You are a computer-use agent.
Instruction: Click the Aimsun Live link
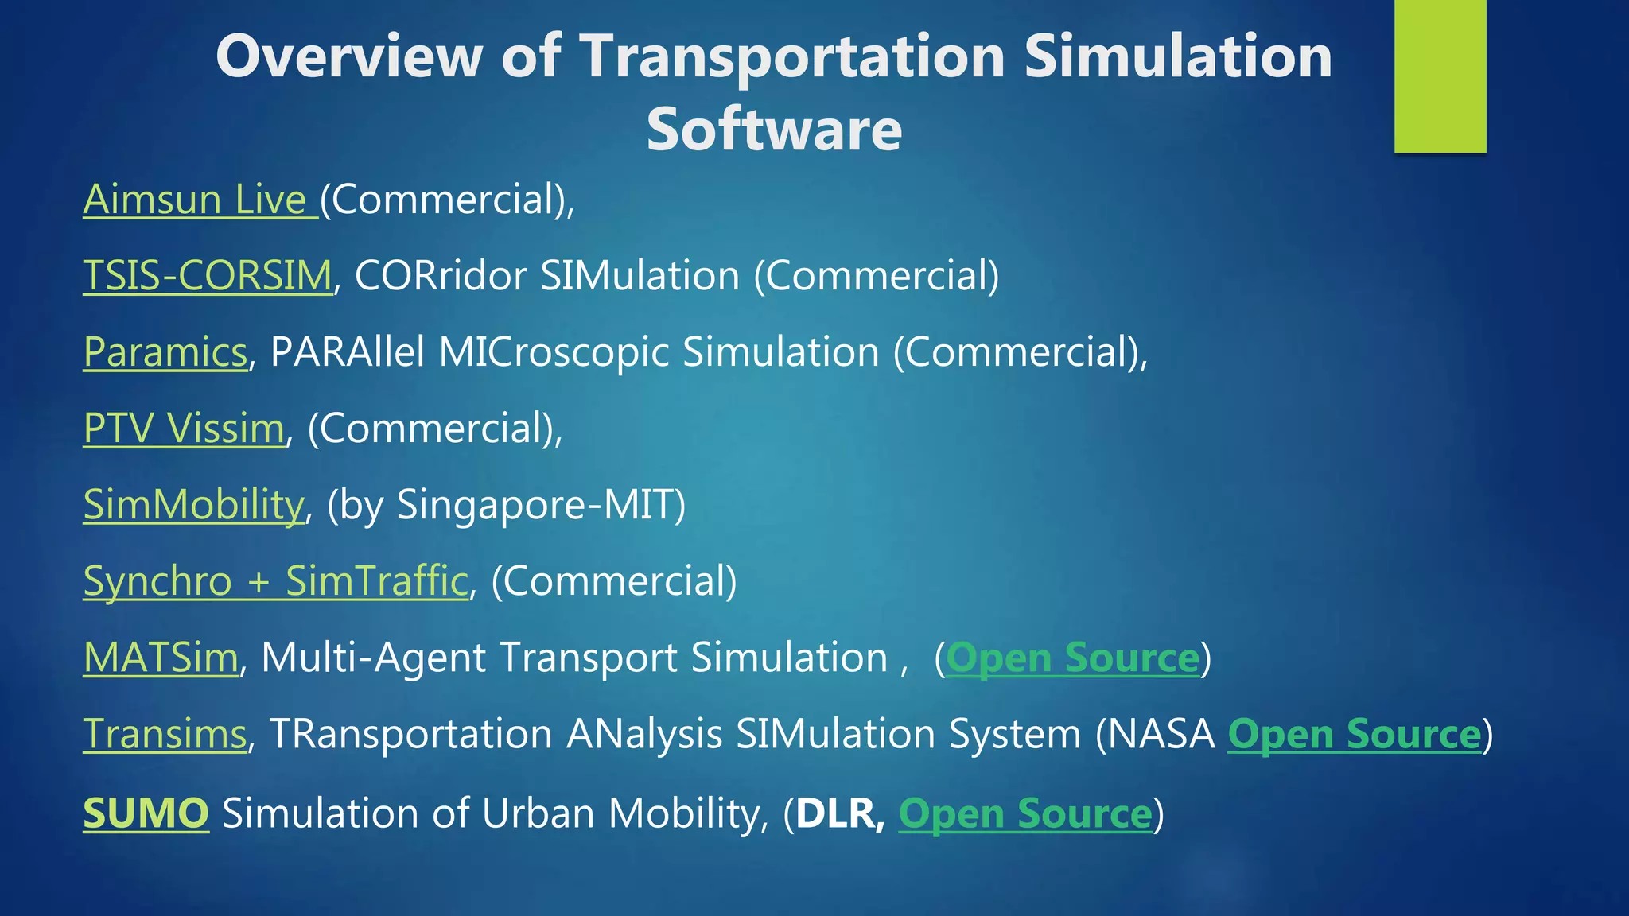(x=199, y=199)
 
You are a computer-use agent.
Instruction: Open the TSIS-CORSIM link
(x=208, y=275)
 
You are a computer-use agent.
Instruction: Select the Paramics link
(x=165, y=351)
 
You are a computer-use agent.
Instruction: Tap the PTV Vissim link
(x=184, y=428)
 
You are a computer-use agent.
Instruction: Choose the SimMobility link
(x=194, y=504)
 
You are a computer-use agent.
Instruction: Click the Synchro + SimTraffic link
(x=275, y=580)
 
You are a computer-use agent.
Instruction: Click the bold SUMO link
(x=146, y=813)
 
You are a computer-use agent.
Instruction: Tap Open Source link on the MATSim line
(x=1072, y=658)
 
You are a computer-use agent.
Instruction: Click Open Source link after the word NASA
(x=1355, y=734)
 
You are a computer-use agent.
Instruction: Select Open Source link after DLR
(x=1025, y=813)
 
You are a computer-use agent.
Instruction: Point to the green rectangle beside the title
(x=1440, y=76)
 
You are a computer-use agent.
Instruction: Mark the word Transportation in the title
(x=792, y=57)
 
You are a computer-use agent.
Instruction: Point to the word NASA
(x=1162, y=733)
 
